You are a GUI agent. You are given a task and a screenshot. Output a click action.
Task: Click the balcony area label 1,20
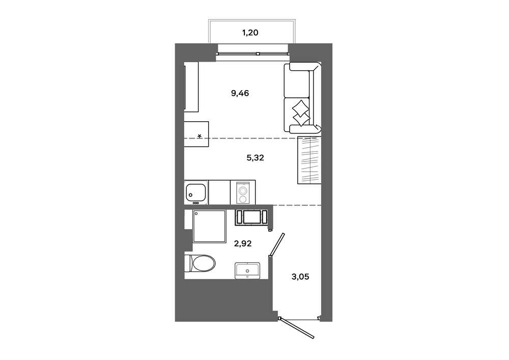tap(250, 33)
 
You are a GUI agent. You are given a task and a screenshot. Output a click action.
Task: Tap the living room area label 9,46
tap(240, 94)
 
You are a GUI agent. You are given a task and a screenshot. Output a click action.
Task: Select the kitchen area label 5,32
tap(255, 158)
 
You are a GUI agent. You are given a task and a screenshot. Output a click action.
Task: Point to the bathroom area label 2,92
tap(243, 243)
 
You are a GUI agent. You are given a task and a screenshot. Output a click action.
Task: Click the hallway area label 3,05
tap(300, 277)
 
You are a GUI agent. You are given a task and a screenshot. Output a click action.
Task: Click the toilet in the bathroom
tap(200, 263)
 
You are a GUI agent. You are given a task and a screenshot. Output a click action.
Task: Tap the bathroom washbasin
tap(247, 271)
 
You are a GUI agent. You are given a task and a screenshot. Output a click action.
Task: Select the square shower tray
tap(209, 226)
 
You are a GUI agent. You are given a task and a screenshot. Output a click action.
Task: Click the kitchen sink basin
tap(196, 192)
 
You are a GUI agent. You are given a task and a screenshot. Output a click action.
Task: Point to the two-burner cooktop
tap(243, 192)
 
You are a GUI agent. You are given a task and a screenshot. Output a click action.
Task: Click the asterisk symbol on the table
tap(200, 135)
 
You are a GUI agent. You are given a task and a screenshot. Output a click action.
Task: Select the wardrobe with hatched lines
tap(309, 160)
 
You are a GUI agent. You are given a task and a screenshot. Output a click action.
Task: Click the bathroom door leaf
tap(278, 244)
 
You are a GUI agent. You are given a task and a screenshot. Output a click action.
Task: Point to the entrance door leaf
tap(298, 328)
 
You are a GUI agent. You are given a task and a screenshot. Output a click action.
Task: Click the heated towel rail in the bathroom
tap(251, 217)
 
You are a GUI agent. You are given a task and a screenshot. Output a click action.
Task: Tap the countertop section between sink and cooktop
tap(219, 192)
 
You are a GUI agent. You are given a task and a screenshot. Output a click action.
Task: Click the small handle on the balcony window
tap(258, 54)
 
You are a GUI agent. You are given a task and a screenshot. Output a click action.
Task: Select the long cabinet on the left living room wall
tap(191, 87)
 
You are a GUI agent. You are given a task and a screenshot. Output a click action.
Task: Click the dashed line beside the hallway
tap(297, 206)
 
